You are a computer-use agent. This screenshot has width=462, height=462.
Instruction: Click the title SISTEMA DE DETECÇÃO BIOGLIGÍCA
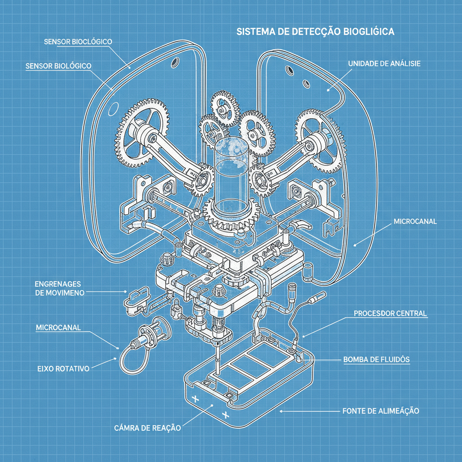315,32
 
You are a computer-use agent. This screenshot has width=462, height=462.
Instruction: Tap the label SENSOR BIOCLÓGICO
78,42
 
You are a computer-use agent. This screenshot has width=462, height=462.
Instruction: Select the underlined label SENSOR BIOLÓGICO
59,66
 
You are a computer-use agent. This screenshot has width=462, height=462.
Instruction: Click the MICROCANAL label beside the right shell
415,222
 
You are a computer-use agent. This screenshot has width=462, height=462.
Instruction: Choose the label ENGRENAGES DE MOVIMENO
57,288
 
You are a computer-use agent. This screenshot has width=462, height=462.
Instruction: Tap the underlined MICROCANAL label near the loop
58,328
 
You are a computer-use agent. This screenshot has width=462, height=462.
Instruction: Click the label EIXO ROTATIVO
64,368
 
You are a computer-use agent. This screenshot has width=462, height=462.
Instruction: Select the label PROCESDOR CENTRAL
390,313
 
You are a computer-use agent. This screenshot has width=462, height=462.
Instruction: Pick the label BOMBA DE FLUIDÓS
376,360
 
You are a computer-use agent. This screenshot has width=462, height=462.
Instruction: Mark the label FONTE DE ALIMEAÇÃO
381,411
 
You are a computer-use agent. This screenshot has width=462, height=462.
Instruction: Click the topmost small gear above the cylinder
225,108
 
